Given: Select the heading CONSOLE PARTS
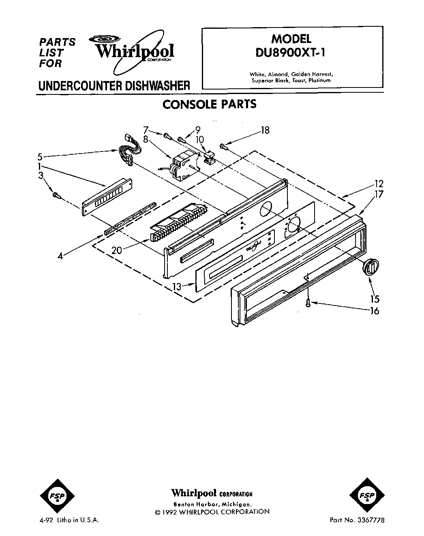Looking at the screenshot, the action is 209,104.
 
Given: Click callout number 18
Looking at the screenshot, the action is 265,130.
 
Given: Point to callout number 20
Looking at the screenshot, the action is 116,250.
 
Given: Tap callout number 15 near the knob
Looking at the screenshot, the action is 375,299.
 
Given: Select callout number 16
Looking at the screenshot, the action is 375,311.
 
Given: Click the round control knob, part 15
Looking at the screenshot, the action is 370,267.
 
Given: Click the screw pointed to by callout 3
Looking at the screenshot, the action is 56,195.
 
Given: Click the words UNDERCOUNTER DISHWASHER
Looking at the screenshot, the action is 114,85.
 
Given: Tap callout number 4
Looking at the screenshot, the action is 60,256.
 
